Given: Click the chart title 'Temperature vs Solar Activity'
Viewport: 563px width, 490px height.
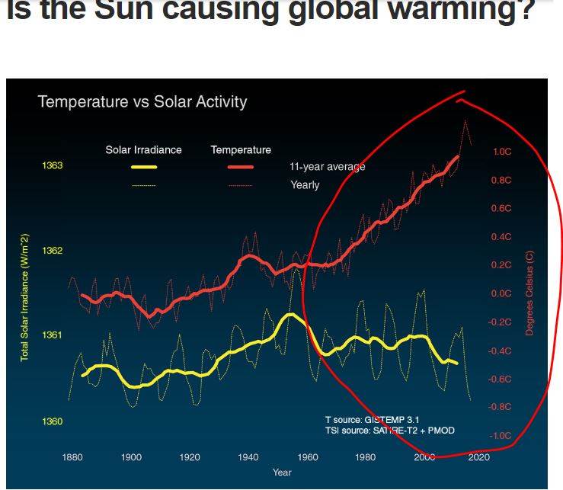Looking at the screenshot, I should (x=142, y=101).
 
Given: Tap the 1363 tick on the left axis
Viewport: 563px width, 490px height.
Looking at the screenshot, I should (x=53, y=165).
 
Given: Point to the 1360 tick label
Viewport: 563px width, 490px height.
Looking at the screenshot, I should (x=53, y=421).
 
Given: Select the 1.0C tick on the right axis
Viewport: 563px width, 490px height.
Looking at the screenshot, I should (x=502, y=152).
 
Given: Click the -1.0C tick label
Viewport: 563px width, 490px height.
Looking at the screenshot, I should (x=501, y=436).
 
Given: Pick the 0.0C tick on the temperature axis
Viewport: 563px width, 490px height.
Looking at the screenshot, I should (x=501, y=293).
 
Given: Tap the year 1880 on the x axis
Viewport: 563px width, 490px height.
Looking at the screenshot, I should (x=72, y=457).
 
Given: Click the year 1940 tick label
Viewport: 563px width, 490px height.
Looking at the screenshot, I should (x=248, y=457).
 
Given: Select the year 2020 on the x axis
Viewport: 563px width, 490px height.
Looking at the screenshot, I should (x=480, y=457).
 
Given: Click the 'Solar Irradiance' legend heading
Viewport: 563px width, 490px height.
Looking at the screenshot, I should (x=143, y=149).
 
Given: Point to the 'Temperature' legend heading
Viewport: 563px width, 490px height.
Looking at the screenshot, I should (x=241, y=149).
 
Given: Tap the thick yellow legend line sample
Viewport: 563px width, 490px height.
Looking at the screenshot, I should (x=143, y=167).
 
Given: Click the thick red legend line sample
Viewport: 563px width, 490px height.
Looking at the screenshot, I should (x=241, y=167).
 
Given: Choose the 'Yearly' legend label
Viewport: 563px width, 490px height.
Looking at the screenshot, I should (x=305, y=185).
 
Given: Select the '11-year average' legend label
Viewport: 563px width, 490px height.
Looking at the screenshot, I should (x=327, y=167).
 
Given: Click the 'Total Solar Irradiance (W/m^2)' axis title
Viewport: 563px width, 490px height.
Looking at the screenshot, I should (x=24, y=297).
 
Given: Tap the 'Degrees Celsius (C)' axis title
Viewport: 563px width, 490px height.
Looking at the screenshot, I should (x=529, y=293).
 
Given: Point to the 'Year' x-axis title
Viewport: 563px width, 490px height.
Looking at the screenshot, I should (x=282, y=472).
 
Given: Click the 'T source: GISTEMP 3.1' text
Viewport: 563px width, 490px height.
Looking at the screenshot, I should (x=372, y=420).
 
